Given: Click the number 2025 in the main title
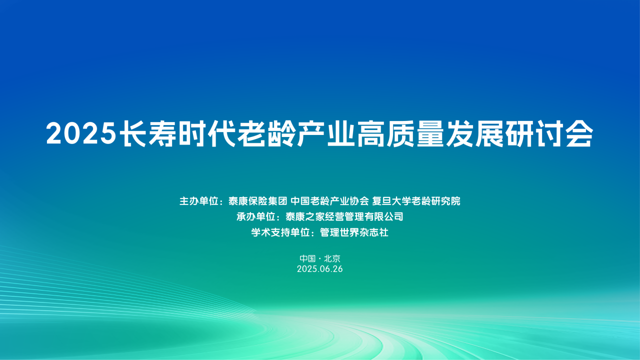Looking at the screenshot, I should pos(80,134).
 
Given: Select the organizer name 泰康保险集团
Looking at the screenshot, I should pos(258,201).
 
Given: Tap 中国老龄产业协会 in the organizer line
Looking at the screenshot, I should pos(330,201).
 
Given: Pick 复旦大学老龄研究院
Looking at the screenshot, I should pos(416,201).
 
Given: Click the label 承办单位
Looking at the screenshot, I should pos(256,216).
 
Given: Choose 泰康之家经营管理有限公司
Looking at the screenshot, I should pos(344,216).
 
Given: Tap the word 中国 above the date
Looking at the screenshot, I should pos(307,258).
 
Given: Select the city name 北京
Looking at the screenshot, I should pos(332,258).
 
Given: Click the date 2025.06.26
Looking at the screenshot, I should pos(319,269).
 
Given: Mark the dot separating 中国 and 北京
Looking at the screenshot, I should pos(319,259).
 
